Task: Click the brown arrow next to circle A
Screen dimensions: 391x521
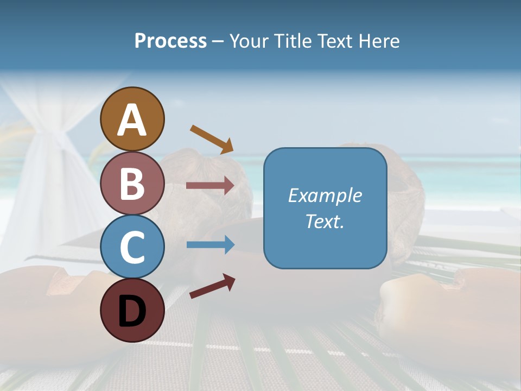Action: click(x=212, y=138)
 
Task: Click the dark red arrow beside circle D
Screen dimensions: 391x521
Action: click(x=212, y=287)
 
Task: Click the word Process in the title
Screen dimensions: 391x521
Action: click(x=170, y=41)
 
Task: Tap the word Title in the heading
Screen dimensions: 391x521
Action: click(x=293, y=41)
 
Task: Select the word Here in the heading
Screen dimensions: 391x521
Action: click(x=380, y=41)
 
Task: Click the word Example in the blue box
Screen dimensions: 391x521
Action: click(x=325, y=195)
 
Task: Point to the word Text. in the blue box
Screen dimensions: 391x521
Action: click(x=325, y=222)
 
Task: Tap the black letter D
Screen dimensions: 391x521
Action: click(x=132, y=312)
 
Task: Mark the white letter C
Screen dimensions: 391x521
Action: click(x=132, y=247)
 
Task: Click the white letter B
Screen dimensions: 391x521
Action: click(x=132, y=183)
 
